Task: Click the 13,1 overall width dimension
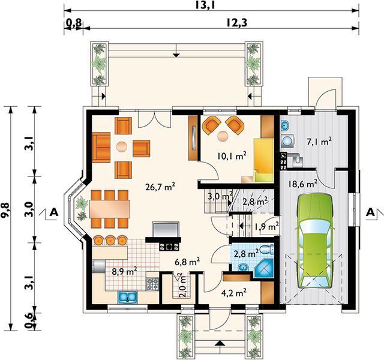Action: (205, 5)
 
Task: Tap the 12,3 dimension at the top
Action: (236, 23)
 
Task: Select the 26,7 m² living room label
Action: (160, 187)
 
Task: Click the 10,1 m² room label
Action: (232, 155)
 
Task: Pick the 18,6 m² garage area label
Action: (302, 184)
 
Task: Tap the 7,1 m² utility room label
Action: (319, 142)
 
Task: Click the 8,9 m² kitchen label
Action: (124, 271)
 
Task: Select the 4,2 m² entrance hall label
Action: (233, 293)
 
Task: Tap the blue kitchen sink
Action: (127, 297)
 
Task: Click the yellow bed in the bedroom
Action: (264, 160)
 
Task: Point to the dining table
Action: (109, 209)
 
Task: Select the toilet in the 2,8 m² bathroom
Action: (267, 250)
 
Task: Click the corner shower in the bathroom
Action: (264, 269)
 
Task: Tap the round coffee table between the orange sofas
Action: (122, 147)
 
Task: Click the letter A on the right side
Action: (371, 212)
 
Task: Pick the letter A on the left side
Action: (54, 212)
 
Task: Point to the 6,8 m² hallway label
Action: (187, 262)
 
